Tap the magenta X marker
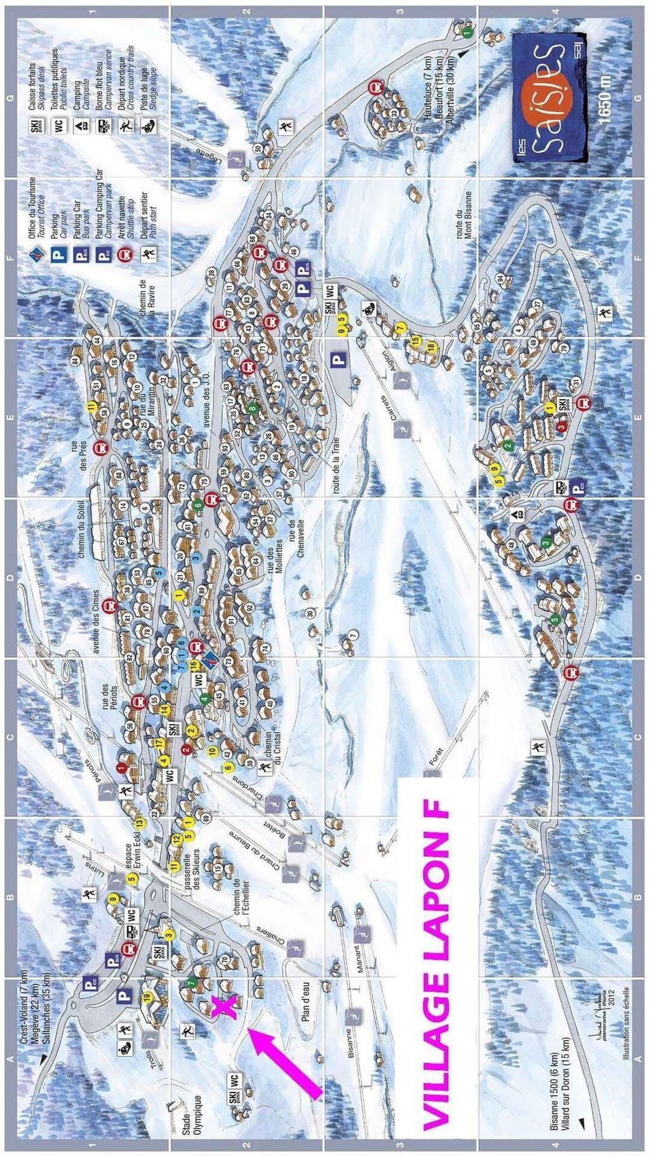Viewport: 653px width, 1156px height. tap(225, 1006)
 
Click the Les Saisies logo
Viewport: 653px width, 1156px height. tap(549, 98)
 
